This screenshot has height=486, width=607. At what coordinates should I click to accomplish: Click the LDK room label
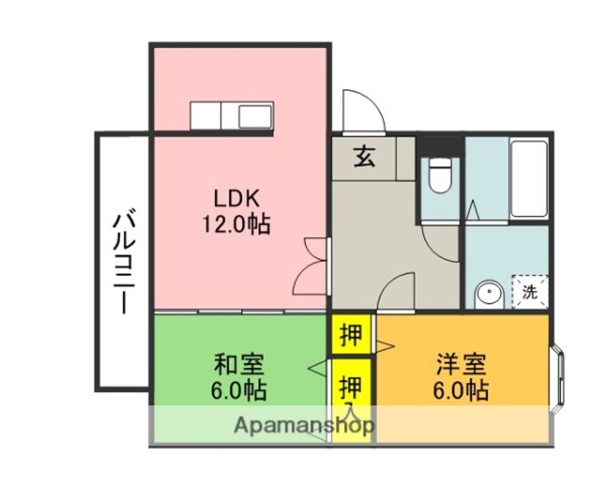coord(240,199)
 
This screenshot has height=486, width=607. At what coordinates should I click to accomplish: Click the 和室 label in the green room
coord(239,365)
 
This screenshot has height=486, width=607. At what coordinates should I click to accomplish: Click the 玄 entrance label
coord(364,157)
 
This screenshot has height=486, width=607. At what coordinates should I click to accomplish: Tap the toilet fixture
coord(438,178)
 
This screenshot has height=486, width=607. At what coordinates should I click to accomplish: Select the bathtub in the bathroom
coord(529,178)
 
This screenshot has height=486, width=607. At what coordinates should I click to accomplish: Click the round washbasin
coord(487,294)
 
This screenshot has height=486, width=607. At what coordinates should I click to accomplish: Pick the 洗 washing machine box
coord(529,293)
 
